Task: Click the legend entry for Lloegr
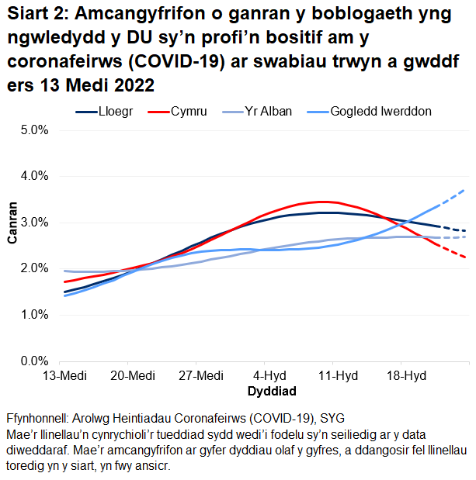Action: click(115, 112)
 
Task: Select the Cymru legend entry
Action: click(189, 112)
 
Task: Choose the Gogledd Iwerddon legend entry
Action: click(380, 112)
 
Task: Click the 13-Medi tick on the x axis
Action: click(64, 376)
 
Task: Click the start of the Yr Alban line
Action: click(64, 271)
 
